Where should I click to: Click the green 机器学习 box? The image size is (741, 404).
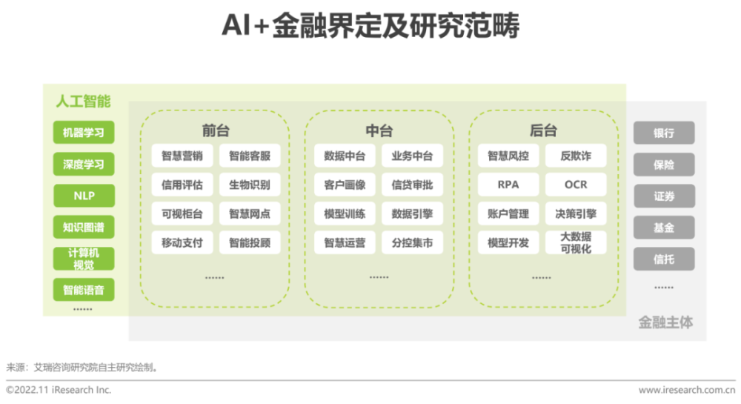point(84,132)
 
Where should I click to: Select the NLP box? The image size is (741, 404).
point(84,196)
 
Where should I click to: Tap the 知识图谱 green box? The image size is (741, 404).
point(84,228)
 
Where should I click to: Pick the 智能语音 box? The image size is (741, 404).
point(84,290)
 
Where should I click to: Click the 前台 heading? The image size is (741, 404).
point(216,130)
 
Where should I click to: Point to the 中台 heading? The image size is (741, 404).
point(379,130)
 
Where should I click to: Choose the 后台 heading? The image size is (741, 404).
point(543,130)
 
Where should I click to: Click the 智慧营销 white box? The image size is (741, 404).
point(182,156)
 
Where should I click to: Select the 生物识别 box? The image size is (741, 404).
point(250,185)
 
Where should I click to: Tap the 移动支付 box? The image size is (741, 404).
point(182,243)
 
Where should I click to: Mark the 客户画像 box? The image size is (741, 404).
point(345,185)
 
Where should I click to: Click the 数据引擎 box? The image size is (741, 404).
point(412,213)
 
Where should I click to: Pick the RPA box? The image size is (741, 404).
point(508,185)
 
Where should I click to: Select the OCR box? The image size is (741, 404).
point(576,185)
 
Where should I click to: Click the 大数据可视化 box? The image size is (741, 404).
point(576,243)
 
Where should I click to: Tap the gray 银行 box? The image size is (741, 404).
point(664,133)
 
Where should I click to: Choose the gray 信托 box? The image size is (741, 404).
point(664,259)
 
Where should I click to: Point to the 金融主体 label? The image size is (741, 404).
point(665,322)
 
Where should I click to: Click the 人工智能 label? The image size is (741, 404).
point(83,101)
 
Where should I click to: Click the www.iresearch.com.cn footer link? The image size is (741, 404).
point(687,391)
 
